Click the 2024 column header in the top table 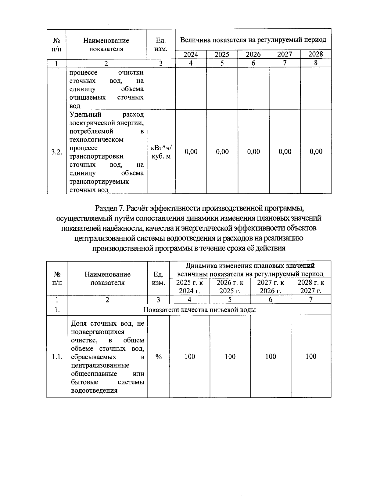click(191, 55)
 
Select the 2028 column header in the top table click(315, 54)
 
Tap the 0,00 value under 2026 click(253, 152)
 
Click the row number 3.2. click(56, 152)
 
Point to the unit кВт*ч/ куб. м click(161, 152)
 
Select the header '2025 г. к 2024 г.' click(189, 287)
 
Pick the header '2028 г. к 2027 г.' click(311, 287)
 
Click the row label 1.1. click(57, 357)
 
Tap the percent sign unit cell click(158, 357)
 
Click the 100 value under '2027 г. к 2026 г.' click(271, 357)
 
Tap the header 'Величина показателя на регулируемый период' click(253, 40)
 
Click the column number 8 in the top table click(316, 63)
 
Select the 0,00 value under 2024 click(191, 152)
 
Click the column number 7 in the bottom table click(311, 299)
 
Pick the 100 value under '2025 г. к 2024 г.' click(189, 357)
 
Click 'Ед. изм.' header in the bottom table click(158, 278)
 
